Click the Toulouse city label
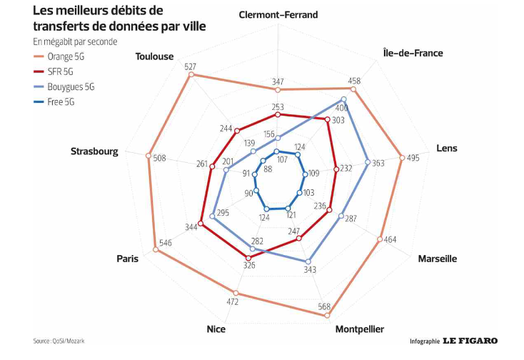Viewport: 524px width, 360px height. pos(155,56)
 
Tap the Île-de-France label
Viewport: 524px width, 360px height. pos(413,53)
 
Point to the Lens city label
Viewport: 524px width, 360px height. pos(447,149)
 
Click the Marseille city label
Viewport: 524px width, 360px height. pos(437,259)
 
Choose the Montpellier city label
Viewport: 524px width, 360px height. pos(360,329)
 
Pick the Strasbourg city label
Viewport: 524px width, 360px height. pos(94,151)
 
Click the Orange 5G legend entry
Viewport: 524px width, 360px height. pos(66,55)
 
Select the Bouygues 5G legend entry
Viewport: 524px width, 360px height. pos(71,86)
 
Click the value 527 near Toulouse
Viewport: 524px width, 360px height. pos(190,66)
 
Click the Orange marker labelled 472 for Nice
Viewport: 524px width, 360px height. pos(236,293)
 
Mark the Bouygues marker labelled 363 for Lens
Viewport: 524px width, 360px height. pos(368,162)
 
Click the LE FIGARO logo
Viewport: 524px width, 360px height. pos(470,341)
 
